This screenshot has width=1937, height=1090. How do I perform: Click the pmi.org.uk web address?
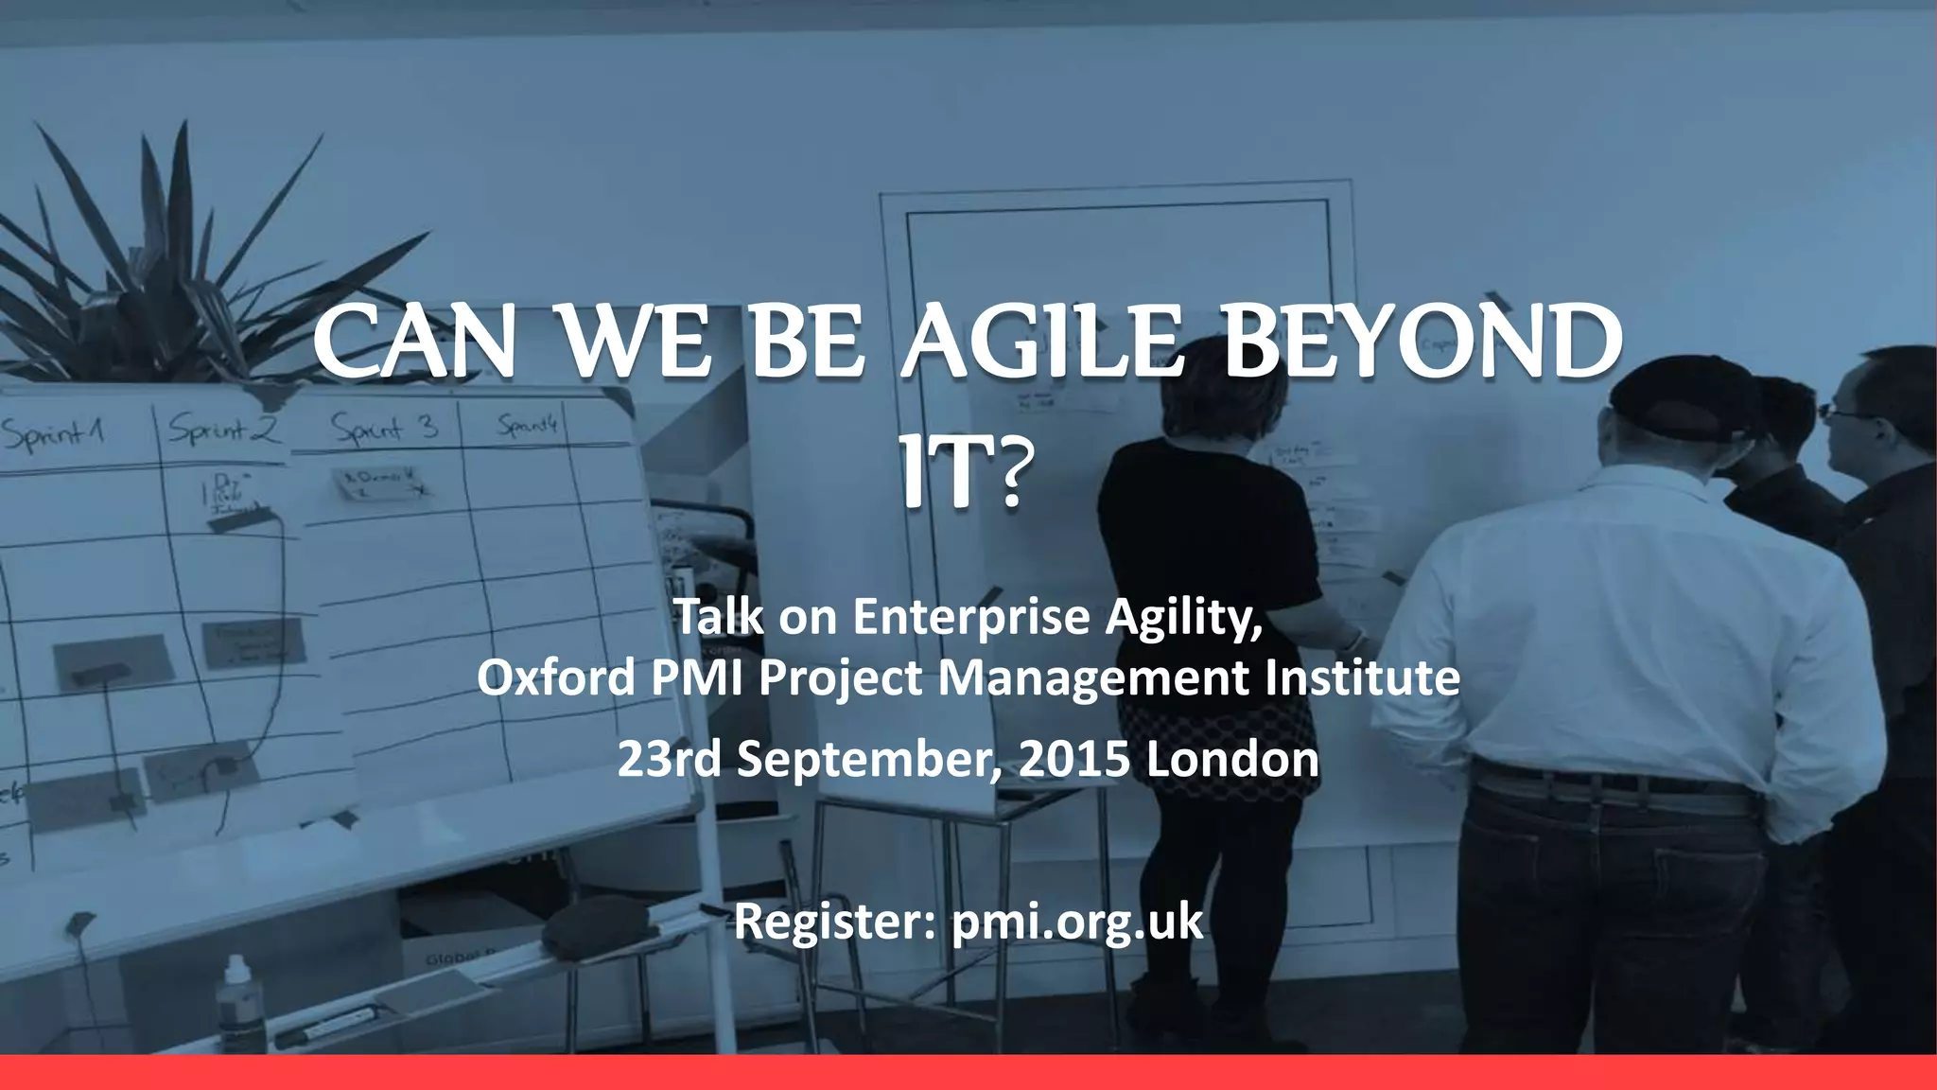click(x=1077, y=922)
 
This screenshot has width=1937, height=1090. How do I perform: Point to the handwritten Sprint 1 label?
click(x=52, y=435)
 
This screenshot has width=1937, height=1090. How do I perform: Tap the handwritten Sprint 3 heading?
click(x=384, y=429)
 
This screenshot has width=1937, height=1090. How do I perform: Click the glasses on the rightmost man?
click(x=1840, y=411)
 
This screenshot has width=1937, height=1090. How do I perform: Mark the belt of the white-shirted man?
click(x=1608, y=784)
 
